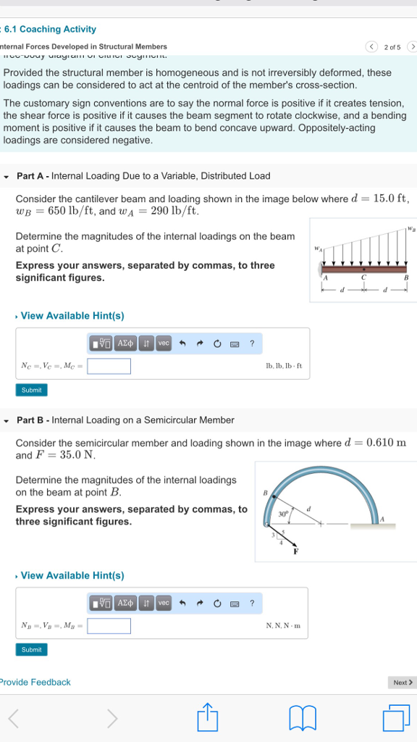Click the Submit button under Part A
[32, 390]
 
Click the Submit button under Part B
[32, 649]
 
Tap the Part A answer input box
[109, 366]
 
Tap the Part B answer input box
[109, 625]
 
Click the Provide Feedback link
[35, 682]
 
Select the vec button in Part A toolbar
[164, 343]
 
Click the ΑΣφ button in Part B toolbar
[125, 603]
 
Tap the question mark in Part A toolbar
[252, 343]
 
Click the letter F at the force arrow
[295, 552]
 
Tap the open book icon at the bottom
[303, 718]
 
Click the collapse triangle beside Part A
[7, 176]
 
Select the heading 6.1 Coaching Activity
[50, 29]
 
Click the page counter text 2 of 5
[392, 46]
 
